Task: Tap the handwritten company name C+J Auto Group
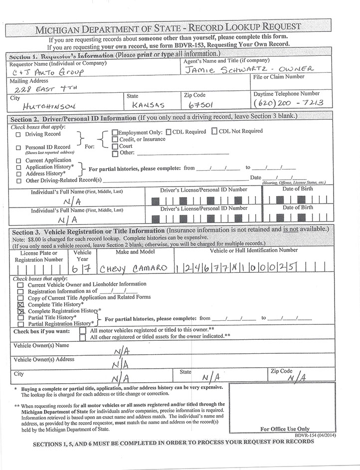47,73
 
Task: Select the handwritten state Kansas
146,106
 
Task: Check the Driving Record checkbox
18,135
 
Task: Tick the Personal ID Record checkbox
18,148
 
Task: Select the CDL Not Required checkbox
214,132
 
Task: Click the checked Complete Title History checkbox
21,304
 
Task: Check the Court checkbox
115,146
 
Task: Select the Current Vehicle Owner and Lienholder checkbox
21,284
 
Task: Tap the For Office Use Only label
285,429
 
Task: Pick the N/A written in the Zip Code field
296,378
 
